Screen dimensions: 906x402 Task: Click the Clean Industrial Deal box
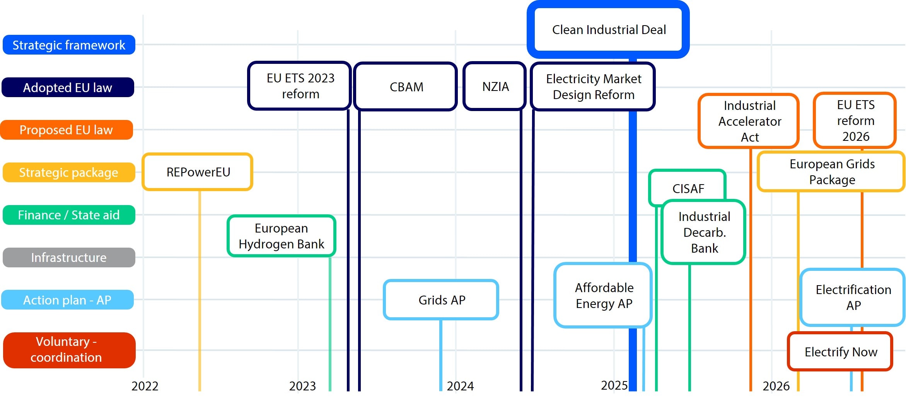(608, 29)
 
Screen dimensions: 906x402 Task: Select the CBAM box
(406, 87)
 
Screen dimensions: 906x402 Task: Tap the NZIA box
(495, 87)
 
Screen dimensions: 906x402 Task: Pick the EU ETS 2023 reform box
(300, 86)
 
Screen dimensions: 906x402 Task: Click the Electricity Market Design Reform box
(593, 87)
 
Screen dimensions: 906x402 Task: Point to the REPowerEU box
(198, 172)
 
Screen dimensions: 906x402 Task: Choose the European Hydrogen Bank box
(282, 236)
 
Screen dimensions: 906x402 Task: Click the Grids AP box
(441, 300)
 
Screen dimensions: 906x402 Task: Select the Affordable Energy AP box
(603, 296)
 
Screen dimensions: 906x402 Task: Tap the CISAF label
(688, 188)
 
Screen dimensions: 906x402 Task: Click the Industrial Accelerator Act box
(749, 121)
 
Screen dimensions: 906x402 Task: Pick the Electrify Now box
(840, 352)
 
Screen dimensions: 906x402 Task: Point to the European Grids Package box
(831, 172)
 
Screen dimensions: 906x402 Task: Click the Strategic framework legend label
(69, 45)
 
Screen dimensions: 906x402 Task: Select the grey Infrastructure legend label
(69, 257)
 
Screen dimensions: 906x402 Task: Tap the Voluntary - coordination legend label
(69, 350)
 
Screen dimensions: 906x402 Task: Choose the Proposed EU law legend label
(67, 130)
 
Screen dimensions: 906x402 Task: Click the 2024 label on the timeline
(460, 386)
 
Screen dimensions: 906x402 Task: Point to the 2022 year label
(145, 386)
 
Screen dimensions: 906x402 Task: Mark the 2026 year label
(776, 386)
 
